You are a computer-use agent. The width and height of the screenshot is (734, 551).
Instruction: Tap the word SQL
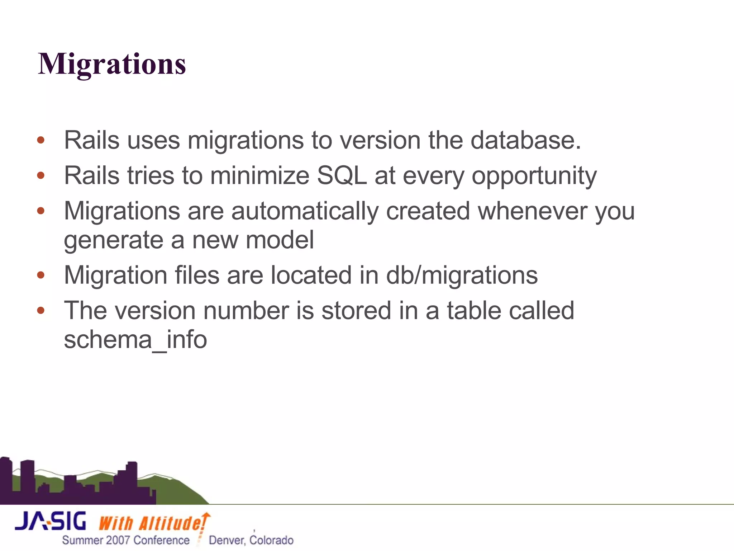pos(342,175)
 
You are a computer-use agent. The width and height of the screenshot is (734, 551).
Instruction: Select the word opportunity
pos(534,176)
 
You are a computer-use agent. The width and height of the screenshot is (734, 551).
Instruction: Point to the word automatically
pos(305,211)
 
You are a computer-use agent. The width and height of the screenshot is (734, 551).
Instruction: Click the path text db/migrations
pos(462,275)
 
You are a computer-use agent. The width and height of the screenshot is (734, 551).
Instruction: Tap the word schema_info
pos(135,339)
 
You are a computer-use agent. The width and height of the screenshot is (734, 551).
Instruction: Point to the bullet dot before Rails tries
pos(41,175)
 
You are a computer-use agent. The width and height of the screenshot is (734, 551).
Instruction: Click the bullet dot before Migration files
pos(41,275)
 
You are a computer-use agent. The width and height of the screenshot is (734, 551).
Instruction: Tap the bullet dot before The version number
pos(41,310)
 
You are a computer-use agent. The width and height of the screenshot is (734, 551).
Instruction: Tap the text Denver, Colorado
pos(251,540)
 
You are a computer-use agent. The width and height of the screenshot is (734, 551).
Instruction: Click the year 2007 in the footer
pos(118,540)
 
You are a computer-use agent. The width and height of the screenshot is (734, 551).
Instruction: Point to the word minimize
pos(259,175)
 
